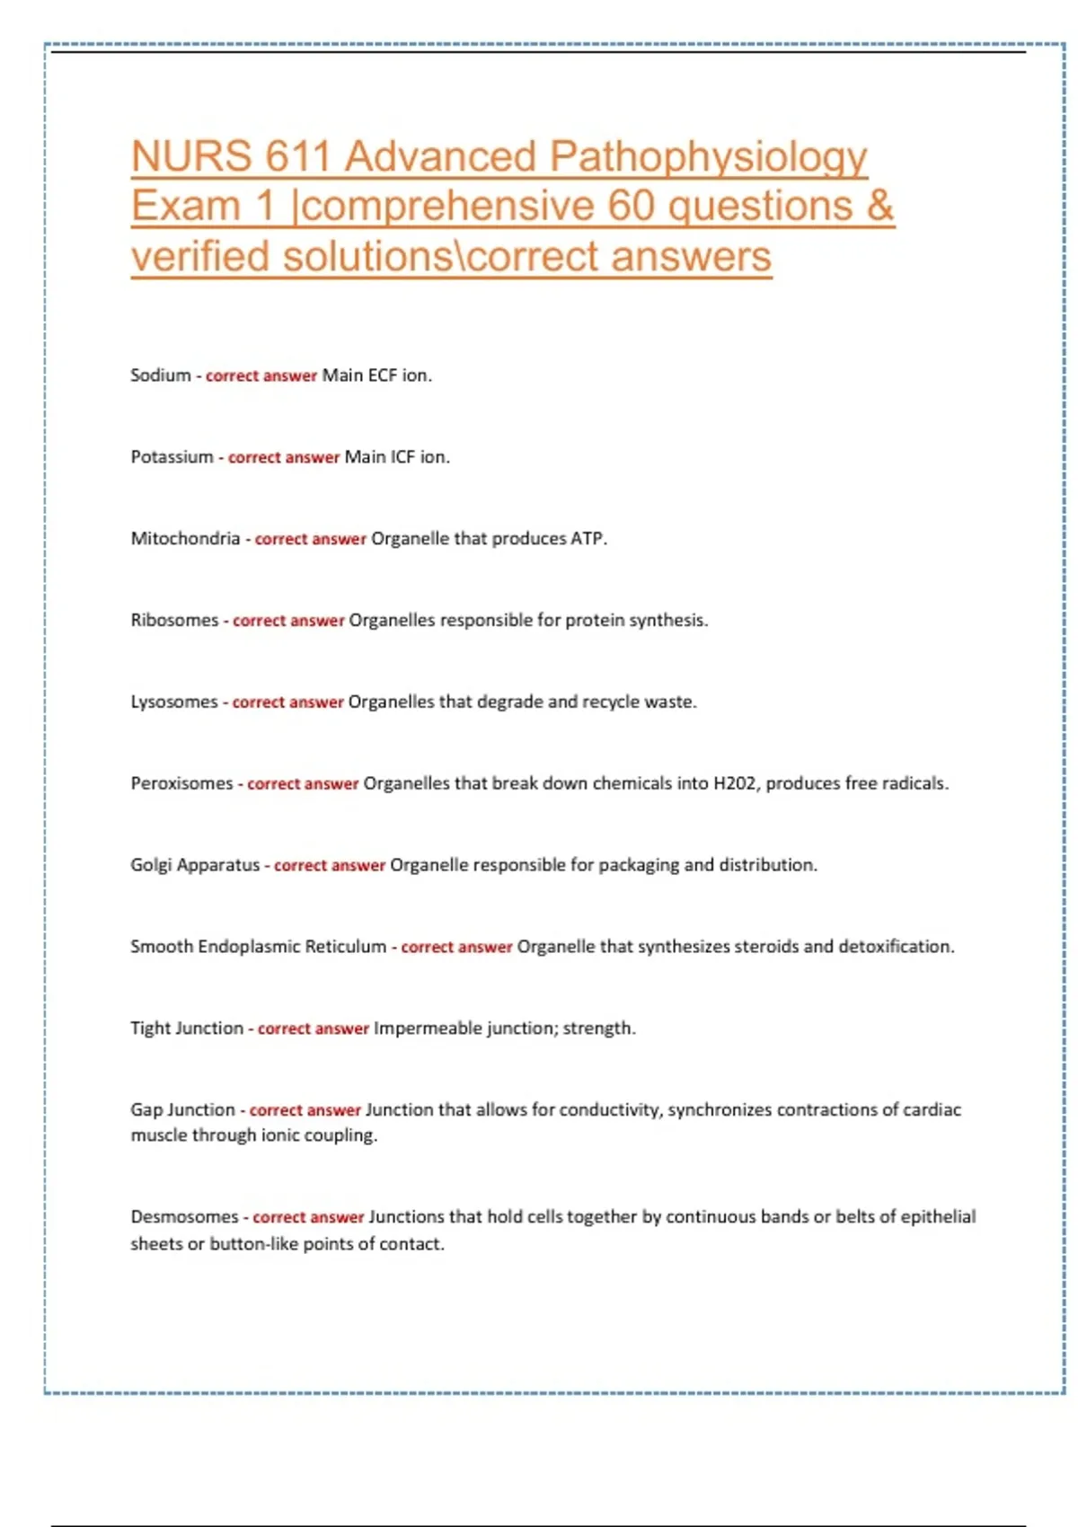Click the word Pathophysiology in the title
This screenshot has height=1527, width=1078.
pyautogui.click(x=708, y=158)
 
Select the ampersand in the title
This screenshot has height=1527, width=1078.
pyautogui.click(x=880, y=207)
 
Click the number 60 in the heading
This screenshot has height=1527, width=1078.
pyautogui.click(x=631, y=207)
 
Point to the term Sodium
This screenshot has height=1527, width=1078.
pyautogui.click(x=161, y=375)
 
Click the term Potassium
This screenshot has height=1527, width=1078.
pyautogui.click(x=172, y=457)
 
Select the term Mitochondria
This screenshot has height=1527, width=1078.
pyautogui.click(x=185, y=539)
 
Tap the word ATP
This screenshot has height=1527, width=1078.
pyautogui.click(x=588, y=539)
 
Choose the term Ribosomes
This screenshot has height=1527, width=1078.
pyautogui.click(x=174, y=621)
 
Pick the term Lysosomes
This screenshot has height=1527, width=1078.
pyautogui.click(x=174, y=702)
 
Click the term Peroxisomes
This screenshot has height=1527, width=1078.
pyautogui.click(x=181, y=783)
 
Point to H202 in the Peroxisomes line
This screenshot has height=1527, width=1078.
pyautogui.click(x=734, y=783)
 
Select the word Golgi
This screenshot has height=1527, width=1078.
pyautogui.click(x=151, y=865)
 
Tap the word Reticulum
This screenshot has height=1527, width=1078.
pyautogui.click(x=346, y=947)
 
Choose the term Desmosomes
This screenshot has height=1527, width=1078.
pyautogui.click(x=184, y=1217)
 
